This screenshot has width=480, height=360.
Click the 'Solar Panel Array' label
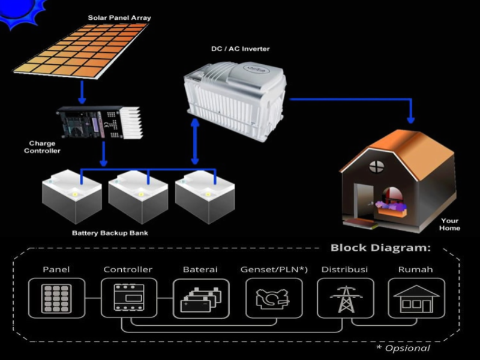click(x=119, y=18)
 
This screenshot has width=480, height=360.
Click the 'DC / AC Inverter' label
click(x=241, y=49)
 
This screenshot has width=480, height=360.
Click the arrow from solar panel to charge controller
click(x=82, y=93)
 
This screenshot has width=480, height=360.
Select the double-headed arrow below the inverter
click(x=194, y=141)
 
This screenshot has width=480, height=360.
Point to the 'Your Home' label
click(x=449, y=224)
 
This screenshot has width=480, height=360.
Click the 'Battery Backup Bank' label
click(x=110, y=233)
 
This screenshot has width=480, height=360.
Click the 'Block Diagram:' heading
click(x=380, y=248)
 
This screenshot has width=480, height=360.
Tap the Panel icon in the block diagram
click(x=56, y=298)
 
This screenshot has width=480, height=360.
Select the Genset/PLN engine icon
click(x=274, y=298)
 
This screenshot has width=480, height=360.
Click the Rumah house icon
click(x=416, y=298)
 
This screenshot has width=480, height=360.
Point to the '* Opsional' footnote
click(x=403, y=348)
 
